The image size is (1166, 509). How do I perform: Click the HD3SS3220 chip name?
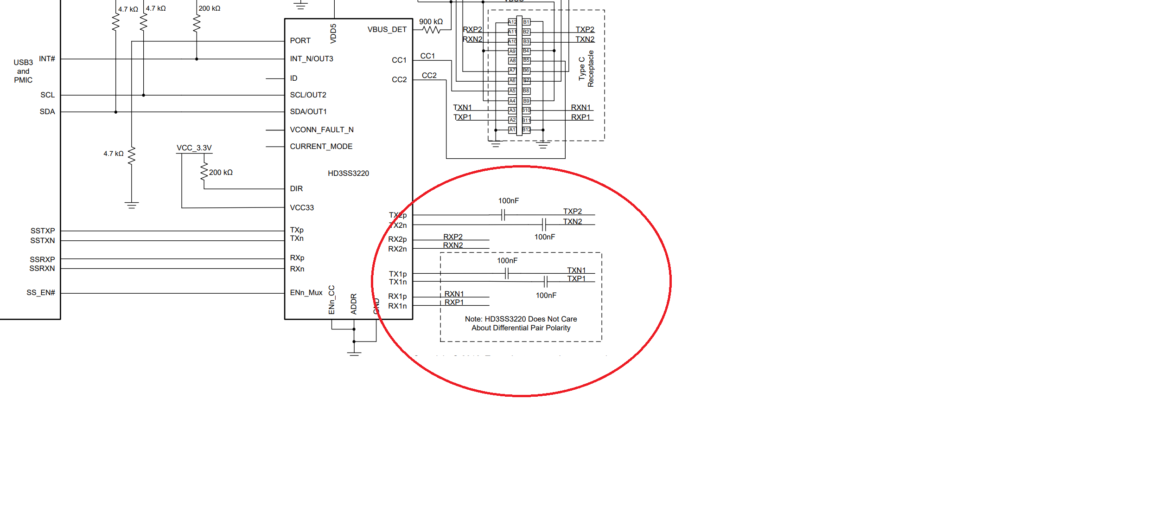click(348, 174)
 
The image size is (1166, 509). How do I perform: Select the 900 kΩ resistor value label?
click(431, 22)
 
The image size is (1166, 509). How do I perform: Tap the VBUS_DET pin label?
click(387, 30)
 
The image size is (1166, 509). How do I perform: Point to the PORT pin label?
click(300, 41)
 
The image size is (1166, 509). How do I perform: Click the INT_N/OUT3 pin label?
click(311, 59)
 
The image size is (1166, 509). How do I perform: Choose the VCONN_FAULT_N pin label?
click(321, 130)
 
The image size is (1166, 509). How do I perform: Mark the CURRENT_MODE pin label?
click(321, 147)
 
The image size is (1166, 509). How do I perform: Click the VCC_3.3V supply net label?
click(194, 148)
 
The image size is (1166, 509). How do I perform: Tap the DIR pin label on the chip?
click(296, 189)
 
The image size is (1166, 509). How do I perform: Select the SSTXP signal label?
click(43, 231)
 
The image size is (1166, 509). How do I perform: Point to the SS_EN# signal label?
click(41, 293)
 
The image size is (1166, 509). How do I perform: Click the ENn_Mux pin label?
click(306, 293)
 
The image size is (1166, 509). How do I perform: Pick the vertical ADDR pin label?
click(354, 304)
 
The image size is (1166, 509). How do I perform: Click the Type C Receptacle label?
click(586, 69)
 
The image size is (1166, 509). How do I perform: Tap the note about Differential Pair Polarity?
click(521, 323)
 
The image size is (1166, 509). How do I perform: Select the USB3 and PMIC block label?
click(23, 71)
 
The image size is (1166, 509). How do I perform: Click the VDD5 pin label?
click(333, 33)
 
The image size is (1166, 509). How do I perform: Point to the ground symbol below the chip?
click(354, 354)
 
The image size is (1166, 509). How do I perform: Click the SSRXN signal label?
click(42, 269)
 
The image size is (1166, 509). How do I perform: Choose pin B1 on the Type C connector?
click(526, 22)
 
